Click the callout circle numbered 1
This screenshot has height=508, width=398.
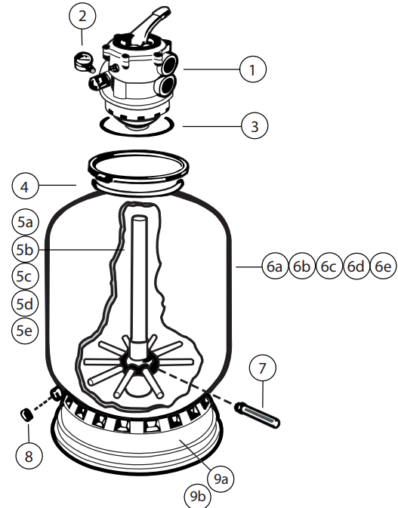coord(253,69)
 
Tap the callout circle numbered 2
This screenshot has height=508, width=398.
coord(82,16)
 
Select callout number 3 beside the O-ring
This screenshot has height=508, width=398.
coord(255,126)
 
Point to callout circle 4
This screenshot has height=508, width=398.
coord(25,186)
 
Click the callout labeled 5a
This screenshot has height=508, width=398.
coord(25,222)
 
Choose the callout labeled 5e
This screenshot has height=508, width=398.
coord(25,331)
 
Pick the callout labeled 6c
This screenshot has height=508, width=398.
coord(329,266)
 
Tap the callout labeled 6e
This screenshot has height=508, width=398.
coord(383,266)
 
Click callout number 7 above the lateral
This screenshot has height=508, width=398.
coord(263,368)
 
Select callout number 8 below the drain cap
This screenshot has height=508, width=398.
coord(29,456)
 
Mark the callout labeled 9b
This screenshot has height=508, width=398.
coord(197,495)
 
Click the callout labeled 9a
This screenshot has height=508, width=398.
coord(221,479)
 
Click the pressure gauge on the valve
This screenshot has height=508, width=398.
coord(84,62)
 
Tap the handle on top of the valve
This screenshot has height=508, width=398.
coord(150,26)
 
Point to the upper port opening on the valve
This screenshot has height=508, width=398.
coord(170,64)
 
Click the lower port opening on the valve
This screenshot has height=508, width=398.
coord(168,85)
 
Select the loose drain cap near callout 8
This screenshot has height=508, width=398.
coord(26,414)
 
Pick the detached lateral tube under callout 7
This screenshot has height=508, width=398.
coord(258,415)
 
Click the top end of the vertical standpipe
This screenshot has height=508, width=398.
coord(139,218)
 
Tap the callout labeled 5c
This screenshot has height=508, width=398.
coord(25,276)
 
